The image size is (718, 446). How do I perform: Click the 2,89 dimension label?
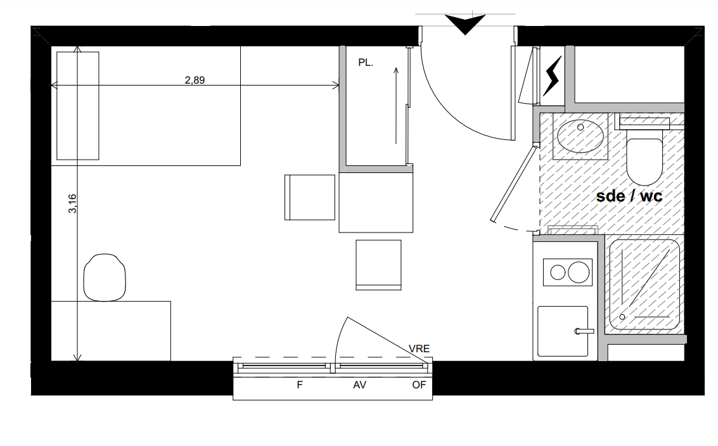[195, 80]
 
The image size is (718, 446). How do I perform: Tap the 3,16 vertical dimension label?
[72, 203]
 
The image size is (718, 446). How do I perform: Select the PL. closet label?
[366, 63]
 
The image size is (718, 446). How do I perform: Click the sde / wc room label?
[629, 196]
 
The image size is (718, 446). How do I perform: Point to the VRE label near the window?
[419, 349]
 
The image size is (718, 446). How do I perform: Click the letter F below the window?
[300, 385]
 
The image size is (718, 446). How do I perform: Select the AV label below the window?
[359, 385]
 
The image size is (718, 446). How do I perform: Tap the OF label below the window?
[419, 385]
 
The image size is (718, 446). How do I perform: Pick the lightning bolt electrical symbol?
[552, 76]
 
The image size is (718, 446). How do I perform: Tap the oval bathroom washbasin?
[580, 136]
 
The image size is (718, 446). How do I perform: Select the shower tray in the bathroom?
[644, 284]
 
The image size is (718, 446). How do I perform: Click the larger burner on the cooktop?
[579, 272]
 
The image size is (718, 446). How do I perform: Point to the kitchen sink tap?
[584, 331]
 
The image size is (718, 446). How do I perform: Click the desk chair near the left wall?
[105, 277]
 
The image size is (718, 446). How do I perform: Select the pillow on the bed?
[78, 106]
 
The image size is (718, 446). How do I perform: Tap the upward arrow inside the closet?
[396, 106]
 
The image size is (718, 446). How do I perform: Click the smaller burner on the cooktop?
[558, 272]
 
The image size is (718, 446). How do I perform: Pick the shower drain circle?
[622, 317]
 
